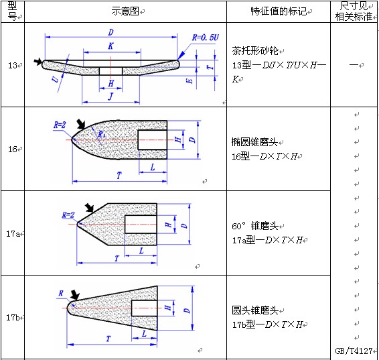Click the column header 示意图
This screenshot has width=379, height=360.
125,11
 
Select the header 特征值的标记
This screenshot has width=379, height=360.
279,11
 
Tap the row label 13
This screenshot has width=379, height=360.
13,65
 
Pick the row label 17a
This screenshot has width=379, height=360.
13,234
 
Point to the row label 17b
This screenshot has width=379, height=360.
13,317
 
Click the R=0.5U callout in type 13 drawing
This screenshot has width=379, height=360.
206,38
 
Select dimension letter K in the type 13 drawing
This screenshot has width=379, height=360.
110,46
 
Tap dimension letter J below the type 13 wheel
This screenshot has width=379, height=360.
110,97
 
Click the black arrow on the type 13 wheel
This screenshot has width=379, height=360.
38,62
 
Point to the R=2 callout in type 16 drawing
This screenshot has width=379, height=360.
60,125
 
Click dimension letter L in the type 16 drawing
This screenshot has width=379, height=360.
153,167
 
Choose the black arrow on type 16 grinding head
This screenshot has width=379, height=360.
81,124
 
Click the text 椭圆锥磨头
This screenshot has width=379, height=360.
254,142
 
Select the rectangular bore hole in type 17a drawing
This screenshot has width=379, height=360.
141,225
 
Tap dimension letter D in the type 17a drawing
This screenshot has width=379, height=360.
184,226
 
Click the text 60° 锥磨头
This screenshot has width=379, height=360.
255,226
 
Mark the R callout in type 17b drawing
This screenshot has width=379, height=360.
61,294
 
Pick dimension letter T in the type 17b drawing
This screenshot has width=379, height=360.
108,339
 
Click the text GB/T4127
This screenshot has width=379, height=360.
354,351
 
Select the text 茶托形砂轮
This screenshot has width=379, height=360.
255,51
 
